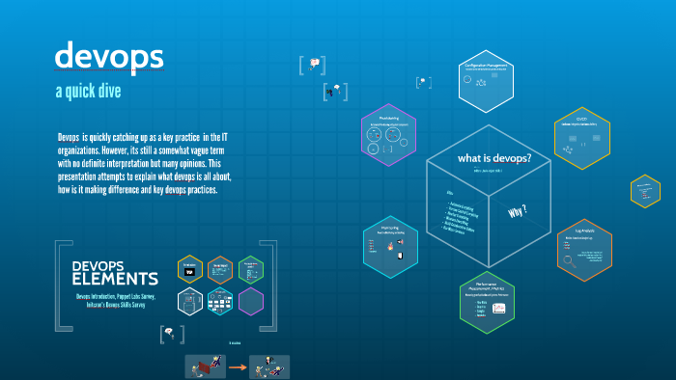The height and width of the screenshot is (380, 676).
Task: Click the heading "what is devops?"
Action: click(x=494, y=158)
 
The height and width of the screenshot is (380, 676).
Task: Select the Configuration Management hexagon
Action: click(x=487, y=81)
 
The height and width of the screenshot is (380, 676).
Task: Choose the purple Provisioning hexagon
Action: click(x=389, y=134)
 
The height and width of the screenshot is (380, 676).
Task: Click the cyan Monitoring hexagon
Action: click(x=390, y=246)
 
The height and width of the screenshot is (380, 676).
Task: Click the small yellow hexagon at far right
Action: click(x=644, y=190)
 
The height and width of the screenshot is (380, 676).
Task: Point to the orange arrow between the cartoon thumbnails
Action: click(x=237, y=366)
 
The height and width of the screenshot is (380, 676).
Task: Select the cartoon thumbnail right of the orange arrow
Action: click(x=269, y=366)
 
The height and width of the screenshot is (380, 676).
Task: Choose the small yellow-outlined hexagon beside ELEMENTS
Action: click(x=190, y=269)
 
